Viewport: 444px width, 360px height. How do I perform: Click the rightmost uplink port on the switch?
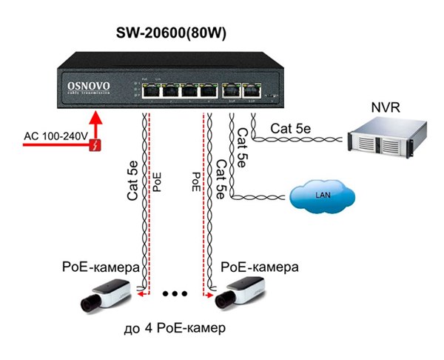click(253, 91)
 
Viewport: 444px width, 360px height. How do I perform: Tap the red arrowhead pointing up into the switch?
click(95, 117)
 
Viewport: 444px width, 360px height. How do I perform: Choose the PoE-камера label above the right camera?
click(260, 266)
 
